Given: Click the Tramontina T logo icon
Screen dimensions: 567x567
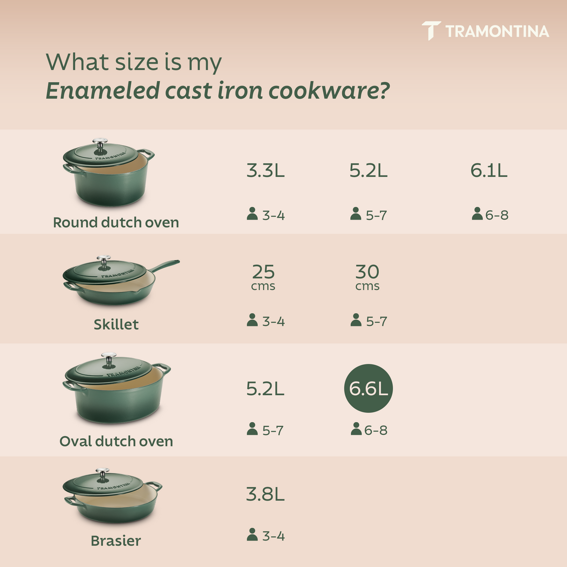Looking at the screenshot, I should point(431,30).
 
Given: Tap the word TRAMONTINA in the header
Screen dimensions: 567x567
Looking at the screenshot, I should point(497,31).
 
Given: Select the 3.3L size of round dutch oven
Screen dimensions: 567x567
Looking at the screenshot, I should point(265,171).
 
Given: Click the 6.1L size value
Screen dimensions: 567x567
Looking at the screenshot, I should point(489,171).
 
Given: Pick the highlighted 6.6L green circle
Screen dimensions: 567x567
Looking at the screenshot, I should point(369,388).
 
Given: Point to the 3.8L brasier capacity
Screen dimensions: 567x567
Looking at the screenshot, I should point(265,494).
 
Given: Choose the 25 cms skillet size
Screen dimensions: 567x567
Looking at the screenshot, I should point(263,276).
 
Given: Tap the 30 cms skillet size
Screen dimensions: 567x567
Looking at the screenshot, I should point(367,276).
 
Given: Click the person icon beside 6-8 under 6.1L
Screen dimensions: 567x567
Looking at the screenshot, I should point(477,214).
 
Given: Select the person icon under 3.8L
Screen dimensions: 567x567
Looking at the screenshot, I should point(252,535).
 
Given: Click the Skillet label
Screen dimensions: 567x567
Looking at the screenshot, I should point(116,324).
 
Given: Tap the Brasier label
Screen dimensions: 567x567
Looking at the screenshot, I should point(115,541).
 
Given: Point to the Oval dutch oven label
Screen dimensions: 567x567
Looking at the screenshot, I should point(116,441).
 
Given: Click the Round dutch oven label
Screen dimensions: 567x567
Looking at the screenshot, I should point(116,222).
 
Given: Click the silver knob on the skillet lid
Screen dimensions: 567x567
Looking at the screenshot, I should point(103,260).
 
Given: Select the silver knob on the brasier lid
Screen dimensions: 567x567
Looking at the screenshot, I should point(102,473).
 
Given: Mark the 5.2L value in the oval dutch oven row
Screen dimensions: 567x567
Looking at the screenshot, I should point(265,389).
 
